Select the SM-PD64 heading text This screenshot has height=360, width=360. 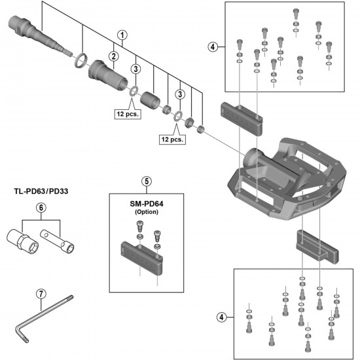pyautogui.click(x=148, y=202)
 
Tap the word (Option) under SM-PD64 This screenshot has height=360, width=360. pyautogui.click(x=147, y=213)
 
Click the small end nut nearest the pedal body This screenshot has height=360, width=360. pyautogui.click(x=201, y=128)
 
